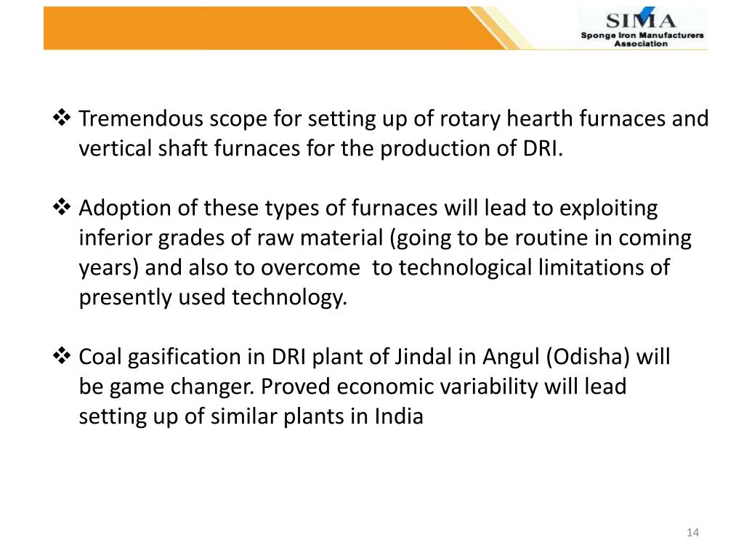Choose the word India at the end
point(399,417)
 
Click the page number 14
point(692,534)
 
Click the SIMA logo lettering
point(641,20)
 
